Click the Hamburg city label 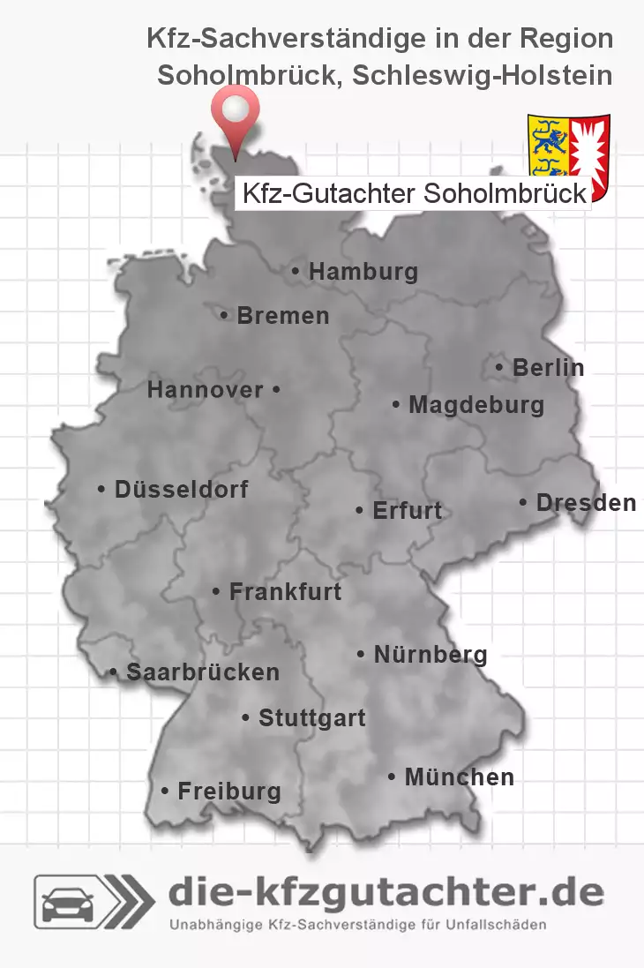363,272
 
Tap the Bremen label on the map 282,315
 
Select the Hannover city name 206,389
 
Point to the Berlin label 548,367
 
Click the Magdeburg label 476,406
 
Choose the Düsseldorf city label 181,489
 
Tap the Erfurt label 407,511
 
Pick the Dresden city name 586,503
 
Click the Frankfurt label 285,591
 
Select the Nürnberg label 430,655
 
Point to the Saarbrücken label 202,672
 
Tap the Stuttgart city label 311,718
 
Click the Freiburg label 228,792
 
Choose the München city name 459,777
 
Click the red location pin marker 236,115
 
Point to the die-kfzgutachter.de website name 386,893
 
